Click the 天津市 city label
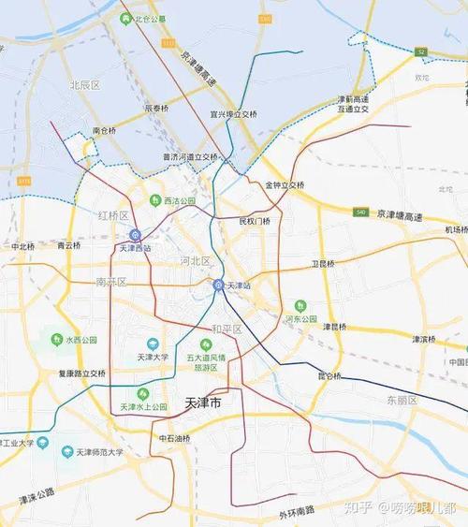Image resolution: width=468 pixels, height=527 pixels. click(197, 403)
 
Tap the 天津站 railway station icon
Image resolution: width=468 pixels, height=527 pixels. click(219, 285)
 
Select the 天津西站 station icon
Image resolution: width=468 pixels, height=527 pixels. click(135, 235)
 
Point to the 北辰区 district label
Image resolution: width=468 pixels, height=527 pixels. click(84, 85)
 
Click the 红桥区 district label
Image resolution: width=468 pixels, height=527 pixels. click(112, 215)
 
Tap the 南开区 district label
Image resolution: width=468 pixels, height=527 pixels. click(110, 282)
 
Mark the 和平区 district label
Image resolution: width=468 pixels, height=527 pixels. click(227, 329)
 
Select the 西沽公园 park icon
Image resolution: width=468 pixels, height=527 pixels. click(155, 200)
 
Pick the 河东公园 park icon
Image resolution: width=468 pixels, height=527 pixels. click(300, 305)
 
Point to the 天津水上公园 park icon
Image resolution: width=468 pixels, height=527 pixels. click(142, 394)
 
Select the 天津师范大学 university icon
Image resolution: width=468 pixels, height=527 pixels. click(67, 452)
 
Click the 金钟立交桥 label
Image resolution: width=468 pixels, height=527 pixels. click(285, 185)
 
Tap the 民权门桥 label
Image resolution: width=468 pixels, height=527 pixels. click(254, 222)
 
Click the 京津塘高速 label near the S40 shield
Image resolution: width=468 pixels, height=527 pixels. click(400, 214)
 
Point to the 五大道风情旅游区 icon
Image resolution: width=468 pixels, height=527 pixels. click(197, 344)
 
